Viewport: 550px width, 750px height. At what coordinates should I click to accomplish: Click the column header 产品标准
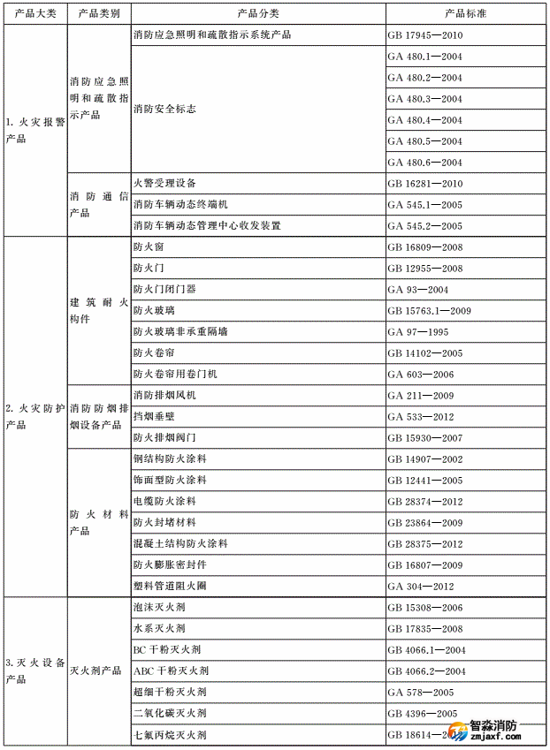[466, 14]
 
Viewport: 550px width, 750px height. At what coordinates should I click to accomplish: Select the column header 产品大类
[35, 14]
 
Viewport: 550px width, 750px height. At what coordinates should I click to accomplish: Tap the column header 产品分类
[258, 14]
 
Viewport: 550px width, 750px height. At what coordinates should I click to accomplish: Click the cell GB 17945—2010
[425, 35]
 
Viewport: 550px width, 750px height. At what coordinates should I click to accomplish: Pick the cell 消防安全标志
[164, 110]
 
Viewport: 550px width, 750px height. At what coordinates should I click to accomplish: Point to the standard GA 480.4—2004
[425, 120]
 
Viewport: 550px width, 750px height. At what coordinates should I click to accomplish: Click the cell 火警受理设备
[164, 184]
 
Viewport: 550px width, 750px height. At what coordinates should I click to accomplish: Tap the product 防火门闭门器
[164, 290]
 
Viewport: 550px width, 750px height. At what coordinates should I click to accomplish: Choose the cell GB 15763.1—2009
[430, 311]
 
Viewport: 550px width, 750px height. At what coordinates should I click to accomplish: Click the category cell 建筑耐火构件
[98, 311]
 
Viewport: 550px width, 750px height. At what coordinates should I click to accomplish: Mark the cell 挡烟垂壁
[154, 417]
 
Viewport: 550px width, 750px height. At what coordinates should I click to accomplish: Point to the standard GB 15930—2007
[425, 438]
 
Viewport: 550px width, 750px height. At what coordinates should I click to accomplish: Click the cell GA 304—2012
[422, 587]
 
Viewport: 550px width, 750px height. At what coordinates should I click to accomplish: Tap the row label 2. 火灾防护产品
[35, 417]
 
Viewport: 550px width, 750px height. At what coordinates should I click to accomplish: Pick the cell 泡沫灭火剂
[159, 608]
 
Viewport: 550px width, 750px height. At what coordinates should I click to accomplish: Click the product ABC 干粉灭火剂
[172, 671]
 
